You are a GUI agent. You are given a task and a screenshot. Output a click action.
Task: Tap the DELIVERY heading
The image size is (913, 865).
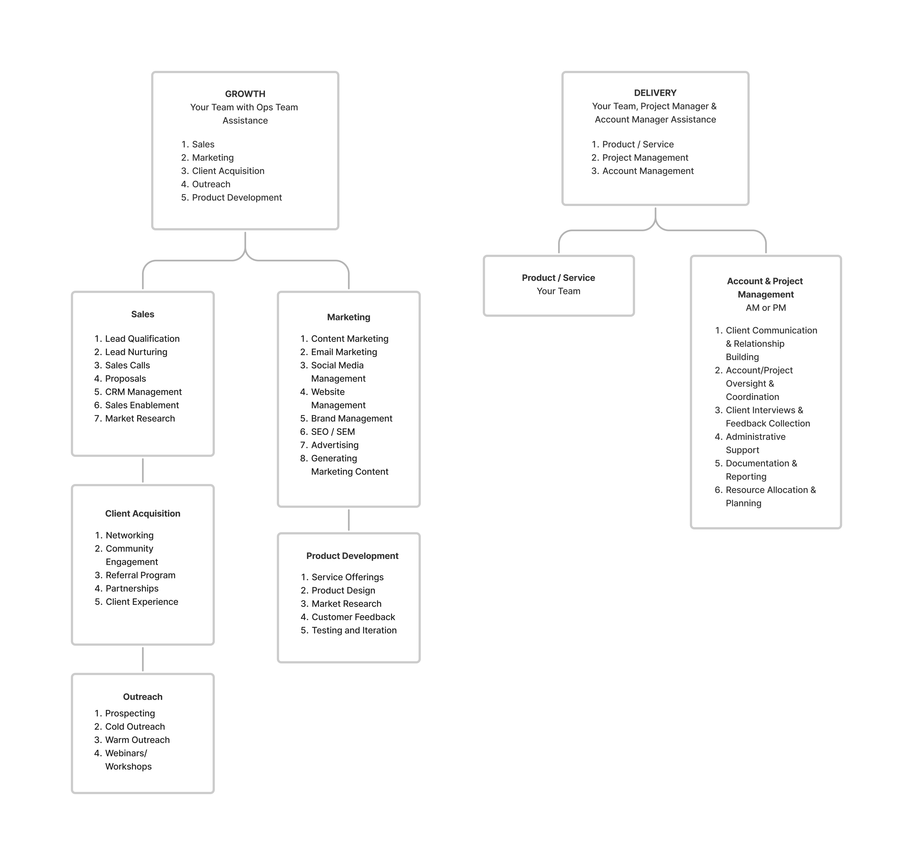click(655, 93)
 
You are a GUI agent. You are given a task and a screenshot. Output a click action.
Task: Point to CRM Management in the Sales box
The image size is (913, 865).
click(143, 392)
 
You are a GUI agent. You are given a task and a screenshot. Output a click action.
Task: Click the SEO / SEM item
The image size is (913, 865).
click(333, 432)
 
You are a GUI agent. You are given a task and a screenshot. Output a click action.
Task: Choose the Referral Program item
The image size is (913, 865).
click(141, 575)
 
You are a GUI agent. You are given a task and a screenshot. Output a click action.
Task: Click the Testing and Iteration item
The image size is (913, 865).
click(354, 630)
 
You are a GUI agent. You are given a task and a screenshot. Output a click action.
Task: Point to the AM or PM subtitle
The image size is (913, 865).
click(765, 308)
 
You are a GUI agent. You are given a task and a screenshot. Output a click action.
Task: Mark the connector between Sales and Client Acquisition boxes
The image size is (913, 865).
click(143, 470)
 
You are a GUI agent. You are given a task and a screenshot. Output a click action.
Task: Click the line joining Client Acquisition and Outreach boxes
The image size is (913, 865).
click(143, 659)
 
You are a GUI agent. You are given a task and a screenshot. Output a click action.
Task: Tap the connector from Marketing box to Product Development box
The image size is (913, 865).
click(349, 520)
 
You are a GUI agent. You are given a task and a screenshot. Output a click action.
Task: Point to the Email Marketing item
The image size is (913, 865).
click(344, 352)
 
